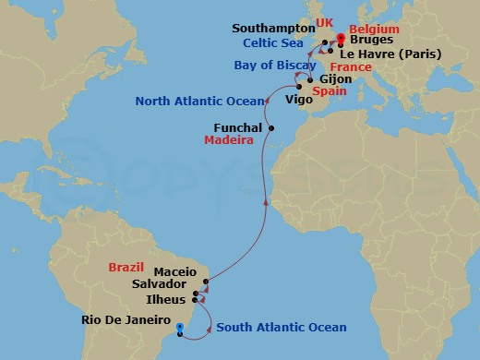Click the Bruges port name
coord(371,42)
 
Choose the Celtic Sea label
coord(274,42)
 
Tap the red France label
coord(351,67)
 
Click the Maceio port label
coord(175,272)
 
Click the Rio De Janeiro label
coord(126,322)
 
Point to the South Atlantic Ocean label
coord(282,328)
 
